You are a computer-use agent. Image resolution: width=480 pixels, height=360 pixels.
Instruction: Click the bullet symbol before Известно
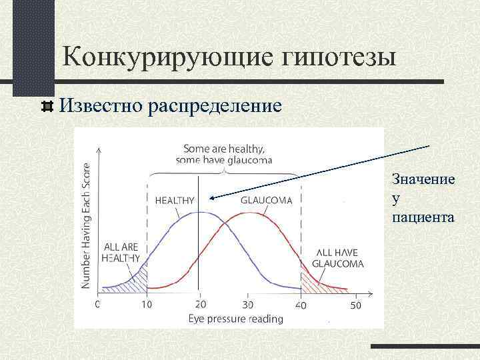[x=47, y=105]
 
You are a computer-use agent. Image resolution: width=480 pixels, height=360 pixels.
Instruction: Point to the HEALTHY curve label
[x=174, y=200]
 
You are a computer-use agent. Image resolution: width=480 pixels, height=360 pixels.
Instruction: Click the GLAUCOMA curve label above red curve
[x=266, y=200]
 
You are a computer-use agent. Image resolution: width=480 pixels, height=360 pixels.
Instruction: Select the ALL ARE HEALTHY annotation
[x=121, y=253]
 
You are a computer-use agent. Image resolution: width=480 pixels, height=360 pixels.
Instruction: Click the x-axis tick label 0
[x=98, y=305]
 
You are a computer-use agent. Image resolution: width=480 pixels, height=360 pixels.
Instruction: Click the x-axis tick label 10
[x=146, y=305]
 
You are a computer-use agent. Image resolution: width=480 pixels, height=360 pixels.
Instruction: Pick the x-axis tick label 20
[x=198, y=305]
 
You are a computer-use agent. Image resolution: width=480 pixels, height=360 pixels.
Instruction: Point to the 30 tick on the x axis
[x=248, y=305]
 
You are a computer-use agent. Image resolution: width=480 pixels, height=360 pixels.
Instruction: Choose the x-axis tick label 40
[x=301, y=305]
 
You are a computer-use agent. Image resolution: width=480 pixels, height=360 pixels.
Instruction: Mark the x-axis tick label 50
[x=355, y=305]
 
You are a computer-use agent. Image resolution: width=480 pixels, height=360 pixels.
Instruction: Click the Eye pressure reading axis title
[x=236, y=319]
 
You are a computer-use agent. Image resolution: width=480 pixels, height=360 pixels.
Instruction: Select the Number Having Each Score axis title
[x=87, y=225]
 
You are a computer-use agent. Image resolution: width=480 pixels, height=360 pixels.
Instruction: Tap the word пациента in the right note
[x=423, y=217]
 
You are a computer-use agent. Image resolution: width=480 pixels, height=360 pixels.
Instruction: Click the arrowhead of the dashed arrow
[x=207, y=197]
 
